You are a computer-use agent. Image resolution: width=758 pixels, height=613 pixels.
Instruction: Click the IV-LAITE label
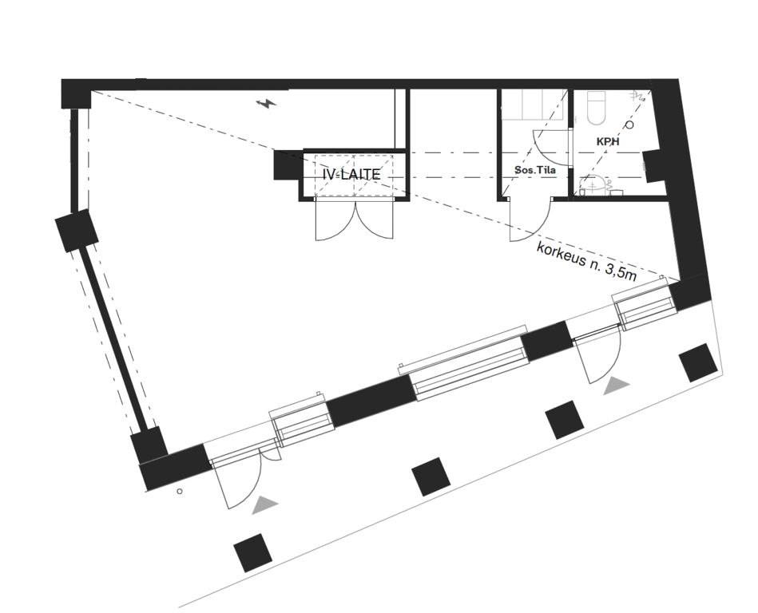click(351, 174)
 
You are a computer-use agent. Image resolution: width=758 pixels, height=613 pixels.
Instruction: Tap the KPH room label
click(608, 142)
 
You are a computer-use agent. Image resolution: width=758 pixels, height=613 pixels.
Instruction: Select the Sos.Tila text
click(534, 170)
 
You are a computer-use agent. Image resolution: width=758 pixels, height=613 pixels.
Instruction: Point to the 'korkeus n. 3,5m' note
click(586, 261)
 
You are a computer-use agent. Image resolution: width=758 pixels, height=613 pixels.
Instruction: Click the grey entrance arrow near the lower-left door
click(265, 504)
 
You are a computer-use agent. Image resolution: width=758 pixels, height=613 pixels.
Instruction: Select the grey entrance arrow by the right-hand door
click(617, 385)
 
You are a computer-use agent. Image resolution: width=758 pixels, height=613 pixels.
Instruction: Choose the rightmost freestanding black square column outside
click(698, 362)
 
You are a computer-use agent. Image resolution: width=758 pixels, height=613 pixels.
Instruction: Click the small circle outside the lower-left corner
click(180, 491)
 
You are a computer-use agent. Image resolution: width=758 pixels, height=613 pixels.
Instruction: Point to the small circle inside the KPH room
click(629, 125)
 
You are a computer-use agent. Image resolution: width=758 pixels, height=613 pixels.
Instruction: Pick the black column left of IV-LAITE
click(288, 165)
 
